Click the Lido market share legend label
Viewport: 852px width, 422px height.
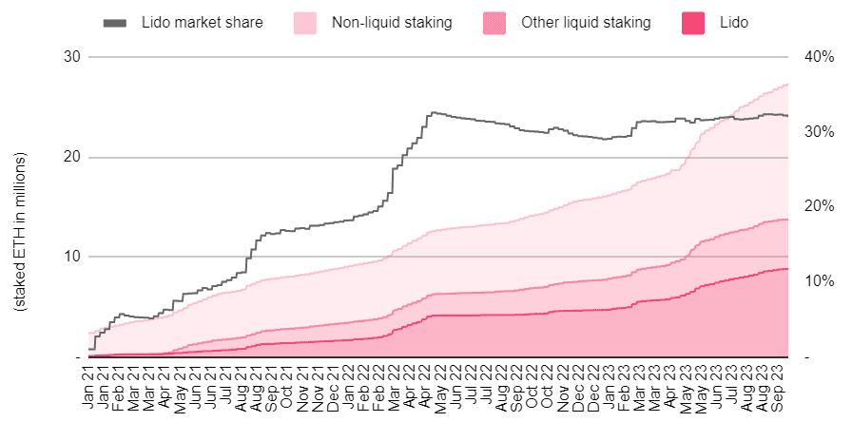coord(203,22)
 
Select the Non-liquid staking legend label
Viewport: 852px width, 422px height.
coord(392,22)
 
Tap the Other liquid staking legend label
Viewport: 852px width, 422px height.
coord(586,22)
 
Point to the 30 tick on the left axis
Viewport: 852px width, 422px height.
coord(73,57)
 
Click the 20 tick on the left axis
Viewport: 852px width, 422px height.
coord(73,158)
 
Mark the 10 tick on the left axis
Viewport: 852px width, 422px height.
coord(73,257)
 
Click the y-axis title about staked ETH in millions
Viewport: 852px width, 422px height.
coord(21,232)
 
